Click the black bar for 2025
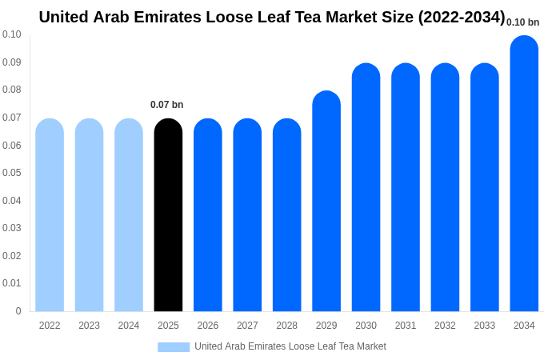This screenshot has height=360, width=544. [168, 215]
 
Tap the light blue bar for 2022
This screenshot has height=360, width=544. [50, 215]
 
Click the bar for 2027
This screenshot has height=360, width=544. [247, 215]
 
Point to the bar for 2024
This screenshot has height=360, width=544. [129, 215]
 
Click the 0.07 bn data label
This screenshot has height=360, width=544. [166, 105]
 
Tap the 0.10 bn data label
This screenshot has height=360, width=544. [522, 22]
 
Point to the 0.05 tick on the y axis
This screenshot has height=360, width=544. [12, 173]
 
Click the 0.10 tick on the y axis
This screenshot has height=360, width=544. [12, 34]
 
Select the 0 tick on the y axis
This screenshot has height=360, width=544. [18, 311]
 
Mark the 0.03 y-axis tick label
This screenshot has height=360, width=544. [12, 228]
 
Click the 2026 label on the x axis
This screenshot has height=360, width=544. [208, 326]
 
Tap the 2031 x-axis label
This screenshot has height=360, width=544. [406, 326]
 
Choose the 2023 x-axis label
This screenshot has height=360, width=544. [89, 326]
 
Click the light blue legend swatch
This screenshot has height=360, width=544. [174, 347]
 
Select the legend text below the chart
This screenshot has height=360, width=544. [290, 346]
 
